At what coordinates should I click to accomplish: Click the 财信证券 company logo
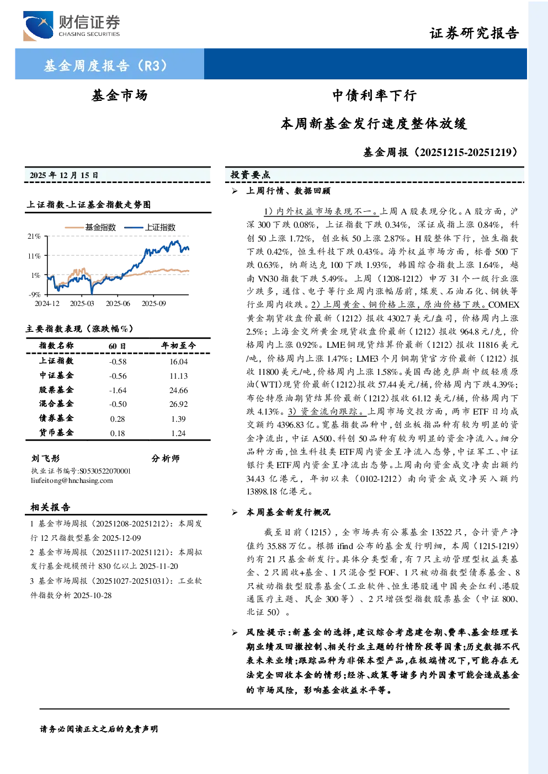(72, 26)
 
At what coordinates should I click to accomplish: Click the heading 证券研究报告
(474, 34)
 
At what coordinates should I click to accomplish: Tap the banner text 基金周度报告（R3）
(106, 65)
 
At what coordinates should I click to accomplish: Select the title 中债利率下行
(374, 95)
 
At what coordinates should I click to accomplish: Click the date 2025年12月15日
(64, 175)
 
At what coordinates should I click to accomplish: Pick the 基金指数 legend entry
(91, 227)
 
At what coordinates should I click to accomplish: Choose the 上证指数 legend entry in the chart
(150, 227)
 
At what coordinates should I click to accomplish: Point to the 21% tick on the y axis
(34, 237)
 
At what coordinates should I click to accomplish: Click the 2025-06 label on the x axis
(118, 303)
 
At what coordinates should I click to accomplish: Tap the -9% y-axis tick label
(35, 294)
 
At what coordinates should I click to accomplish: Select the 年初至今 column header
(178, 345)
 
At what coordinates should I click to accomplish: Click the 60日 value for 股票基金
(118, 390)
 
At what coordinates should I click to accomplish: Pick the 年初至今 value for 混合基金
(178, 404)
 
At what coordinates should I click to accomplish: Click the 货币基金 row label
(56, 433)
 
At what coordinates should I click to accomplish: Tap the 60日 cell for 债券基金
(118, 419)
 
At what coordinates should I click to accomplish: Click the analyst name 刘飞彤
(45, 459)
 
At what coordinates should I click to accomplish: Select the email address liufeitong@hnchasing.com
(72, 481)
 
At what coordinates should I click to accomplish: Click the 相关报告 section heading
(51, 507)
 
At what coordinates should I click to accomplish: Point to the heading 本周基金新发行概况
(288, 512)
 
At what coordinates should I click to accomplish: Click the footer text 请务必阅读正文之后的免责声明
(99, 729)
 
